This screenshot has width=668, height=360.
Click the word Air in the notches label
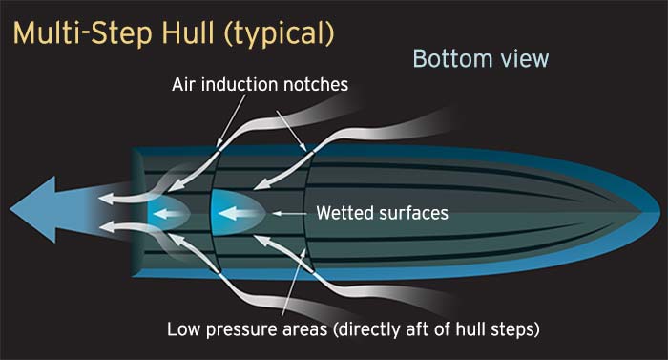tap(186, 85)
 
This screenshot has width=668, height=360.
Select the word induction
tap(244, 85)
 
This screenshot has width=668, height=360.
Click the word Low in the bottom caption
tap(184, 330)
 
